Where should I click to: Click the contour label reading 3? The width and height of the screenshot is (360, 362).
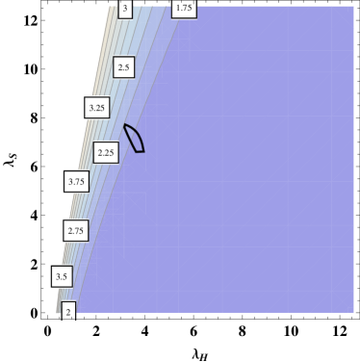[125, 9]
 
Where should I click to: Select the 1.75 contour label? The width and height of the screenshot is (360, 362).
[183, 8]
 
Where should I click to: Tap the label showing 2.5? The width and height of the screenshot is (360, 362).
[123, 67]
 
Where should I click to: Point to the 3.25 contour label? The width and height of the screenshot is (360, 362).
[97, 108]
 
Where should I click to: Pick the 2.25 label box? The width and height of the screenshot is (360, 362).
[106, 152]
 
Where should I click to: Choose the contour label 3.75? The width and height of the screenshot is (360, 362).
[76, 180]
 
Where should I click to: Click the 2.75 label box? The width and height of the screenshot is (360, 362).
[75, 230]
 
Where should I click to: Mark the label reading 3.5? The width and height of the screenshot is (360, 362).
[62, 276]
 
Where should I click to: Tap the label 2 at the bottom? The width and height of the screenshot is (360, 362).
[68, 311]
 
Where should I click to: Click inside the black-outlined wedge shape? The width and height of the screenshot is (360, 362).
[135, 141]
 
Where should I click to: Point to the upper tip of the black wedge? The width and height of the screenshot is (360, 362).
[124, 124]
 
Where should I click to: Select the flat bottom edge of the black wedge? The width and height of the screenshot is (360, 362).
[139, 151]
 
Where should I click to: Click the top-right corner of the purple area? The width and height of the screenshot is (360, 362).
[353, 7]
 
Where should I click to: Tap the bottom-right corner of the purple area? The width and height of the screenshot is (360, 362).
[353, 312]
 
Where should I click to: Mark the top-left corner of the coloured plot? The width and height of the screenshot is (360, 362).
[112, 7]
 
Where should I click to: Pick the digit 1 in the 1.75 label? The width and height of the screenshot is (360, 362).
[177, 8]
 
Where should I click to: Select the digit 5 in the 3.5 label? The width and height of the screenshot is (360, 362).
[65, 276]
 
